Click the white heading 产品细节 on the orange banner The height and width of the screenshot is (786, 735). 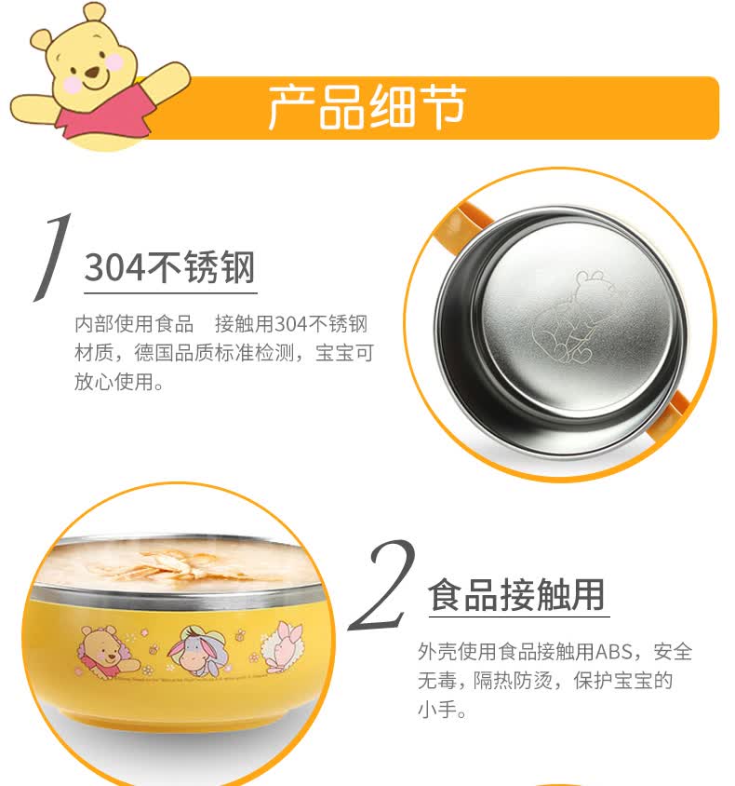(367, 107)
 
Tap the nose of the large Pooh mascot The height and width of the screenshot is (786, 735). (92, 74)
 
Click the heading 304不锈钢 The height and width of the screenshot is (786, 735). (170, 267)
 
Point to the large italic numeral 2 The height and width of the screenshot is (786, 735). (382, 585)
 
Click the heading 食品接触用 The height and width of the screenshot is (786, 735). (516, 594)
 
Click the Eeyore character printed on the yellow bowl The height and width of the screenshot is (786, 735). (193, 650)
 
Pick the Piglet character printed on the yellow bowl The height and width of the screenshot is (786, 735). (283, 645)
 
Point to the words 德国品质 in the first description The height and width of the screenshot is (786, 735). (174, 353)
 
